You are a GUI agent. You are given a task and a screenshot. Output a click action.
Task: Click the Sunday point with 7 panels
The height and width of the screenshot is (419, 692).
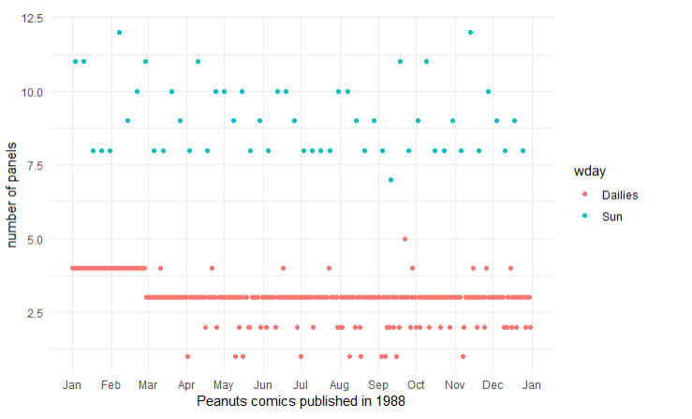pos(390,180)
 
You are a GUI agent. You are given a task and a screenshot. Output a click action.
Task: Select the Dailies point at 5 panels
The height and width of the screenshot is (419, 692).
pos(405,239)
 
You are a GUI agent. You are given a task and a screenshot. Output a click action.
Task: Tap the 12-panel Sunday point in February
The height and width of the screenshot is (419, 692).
pos(119,33)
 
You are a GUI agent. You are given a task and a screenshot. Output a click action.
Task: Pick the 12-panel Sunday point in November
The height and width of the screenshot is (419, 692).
pos(470,33)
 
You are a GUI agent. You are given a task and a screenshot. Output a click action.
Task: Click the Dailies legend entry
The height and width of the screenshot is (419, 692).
pos(618,194)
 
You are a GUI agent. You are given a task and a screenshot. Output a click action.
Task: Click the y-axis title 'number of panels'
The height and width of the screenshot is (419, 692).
pos(12,195)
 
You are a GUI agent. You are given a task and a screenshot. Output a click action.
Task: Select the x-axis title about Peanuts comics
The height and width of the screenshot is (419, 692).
pos(301,401)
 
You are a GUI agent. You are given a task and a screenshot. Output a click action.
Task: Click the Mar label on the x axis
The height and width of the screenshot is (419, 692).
pos(148,384)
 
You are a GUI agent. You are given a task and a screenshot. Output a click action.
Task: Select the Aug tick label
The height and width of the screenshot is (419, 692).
pos(339,384)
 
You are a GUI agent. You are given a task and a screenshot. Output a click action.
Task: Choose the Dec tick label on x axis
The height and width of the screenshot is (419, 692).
pos(493,384)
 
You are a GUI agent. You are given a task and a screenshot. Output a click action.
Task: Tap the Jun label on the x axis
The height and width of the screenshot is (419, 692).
pos(263,384)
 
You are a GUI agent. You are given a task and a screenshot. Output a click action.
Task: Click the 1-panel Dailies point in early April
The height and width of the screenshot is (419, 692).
pos(187,356)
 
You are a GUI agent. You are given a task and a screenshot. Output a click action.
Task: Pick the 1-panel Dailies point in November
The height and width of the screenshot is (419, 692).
pos(463,356)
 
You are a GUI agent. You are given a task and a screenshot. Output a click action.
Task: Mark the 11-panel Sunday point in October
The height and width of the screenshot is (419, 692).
pos(426,62)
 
